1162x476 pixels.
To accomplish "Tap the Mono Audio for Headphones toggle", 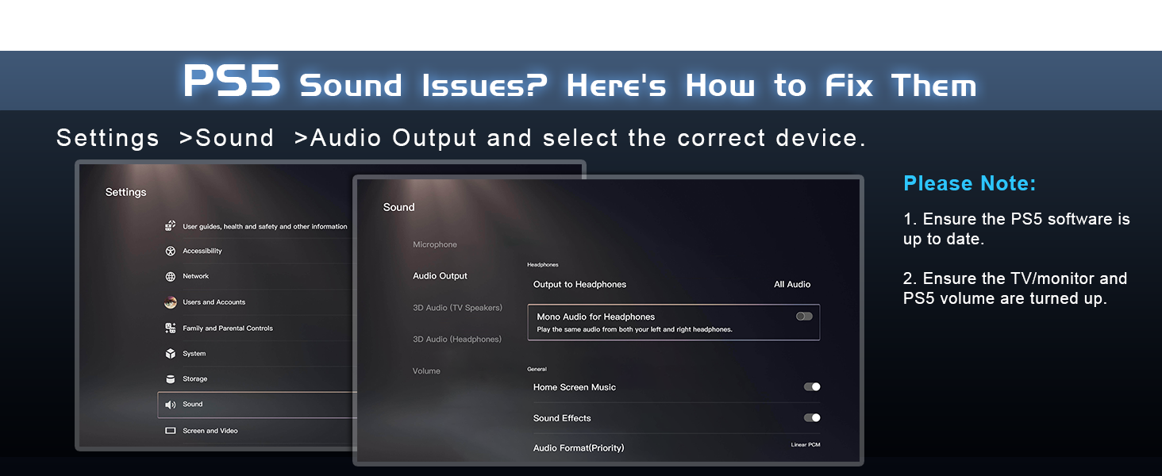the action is (x=804, y=317).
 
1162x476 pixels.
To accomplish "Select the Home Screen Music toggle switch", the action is (x=812, y=387).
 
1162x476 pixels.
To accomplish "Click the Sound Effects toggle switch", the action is (x=812, y=418).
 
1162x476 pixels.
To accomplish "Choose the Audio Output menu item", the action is (x=440, y=276).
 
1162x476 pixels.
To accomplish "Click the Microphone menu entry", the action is (x=435, y=244).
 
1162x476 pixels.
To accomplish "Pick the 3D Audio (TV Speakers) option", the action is (x=457, y=308).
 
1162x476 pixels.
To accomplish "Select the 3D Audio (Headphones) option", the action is (x=457, y=339).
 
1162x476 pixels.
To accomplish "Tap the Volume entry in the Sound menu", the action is (x=426, y=370).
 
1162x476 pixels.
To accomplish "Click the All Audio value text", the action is (x=792, y=284).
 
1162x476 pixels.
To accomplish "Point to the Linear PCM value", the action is (x=806, y=444).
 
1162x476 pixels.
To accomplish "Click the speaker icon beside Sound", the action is (x=170, y=405).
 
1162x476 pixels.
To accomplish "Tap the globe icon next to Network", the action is (x=170, y=276).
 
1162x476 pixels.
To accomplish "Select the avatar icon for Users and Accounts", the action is (x=170, y=302).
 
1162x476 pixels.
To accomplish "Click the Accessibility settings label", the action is (x=202, y=251).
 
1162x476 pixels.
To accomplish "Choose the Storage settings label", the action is (x=195, y=379).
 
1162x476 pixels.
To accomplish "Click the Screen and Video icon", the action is (x=170, y=430).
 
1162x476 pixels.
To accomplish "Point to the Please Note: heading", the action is (x=970, y=183).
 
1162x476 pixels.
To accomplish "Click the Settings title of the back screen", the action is (x=125, y=192).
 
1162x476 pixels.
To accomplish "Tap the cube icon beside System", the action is (x=170, y=354).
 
